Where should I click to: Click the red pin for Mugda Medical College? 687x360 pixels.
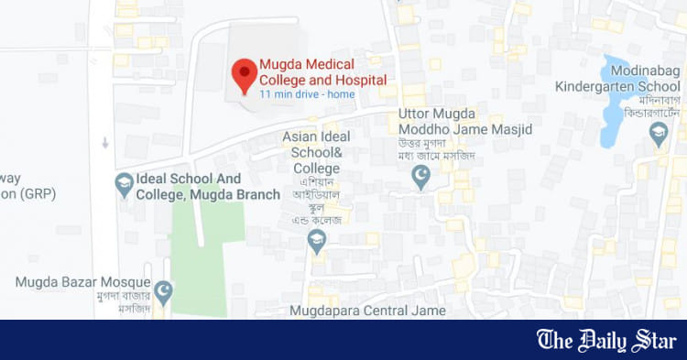pyautogui.click(x=244, y=74)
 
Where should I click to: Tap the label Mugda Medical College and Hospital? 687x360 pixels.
pyautogui.click(x=322, y=72)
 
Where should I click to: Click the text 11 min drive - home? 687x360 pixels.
pyautogui.click(x=305, y=94)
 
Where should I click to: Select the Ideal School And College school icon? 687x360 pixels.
pyautogui.click(x=124, y=185)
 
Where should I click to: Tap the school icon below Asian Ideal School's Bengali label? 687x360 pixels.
pyautogui.click(x=317, y=241)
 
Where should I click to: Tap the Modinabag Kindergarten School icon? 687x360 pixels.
pyautogui.click(x=659, y=135)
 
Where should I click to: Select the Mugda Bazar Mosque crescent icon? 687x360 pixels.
pyautogui.click(x=164, y=292)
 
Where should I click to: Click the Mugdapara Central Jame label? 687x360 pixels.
pyautogui.click(x=367, y=311)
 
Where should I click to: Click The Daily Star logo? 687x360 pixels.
pyautogui.click(x=605, y=341)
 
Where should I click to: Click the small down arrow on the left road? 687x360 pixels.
pyautogui.click(x=105, y=143)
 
